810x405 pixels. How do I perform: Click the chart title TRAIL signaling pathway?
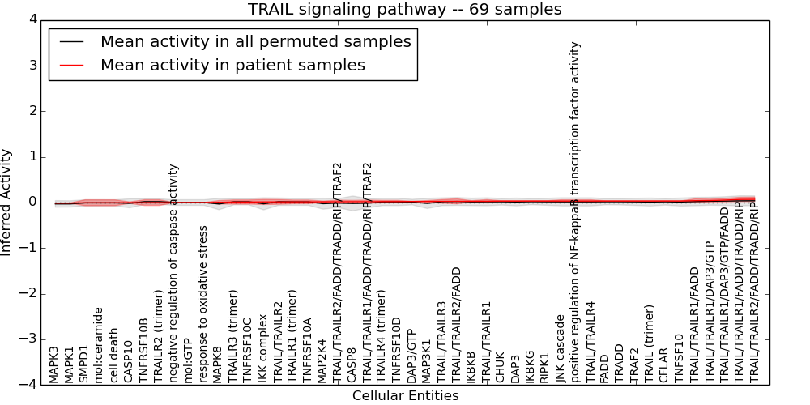point(404,9)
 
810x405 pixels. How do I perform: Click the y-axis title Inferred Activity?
point(6,202)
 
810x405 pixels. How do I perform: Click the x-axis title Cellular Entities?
point(405,396)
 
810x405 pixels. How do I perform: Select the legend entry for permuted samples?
point(255,42)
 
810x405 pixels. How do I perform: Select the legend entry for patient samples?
point(232,65)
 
